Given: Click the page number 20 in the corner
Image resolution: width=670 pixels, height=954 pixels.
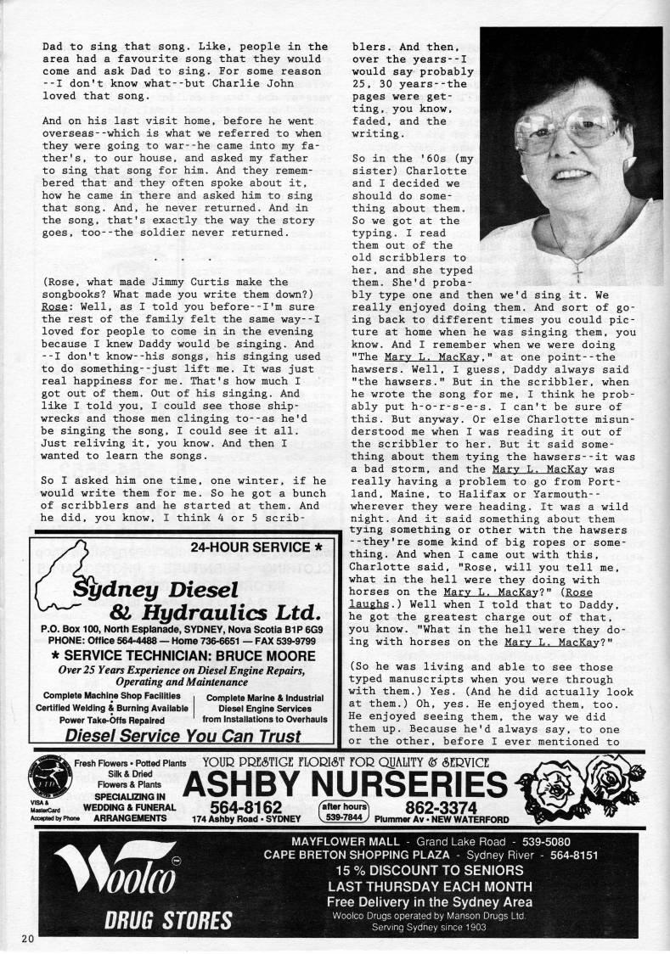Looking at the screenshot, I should point(28,938).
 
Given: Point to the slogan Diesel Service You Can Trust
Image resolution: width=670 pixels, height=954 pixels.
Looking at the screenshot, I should point(183,736).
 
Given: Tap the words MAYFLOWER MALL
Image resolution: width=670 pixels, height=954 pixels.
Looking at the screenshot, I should point(333,839).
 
